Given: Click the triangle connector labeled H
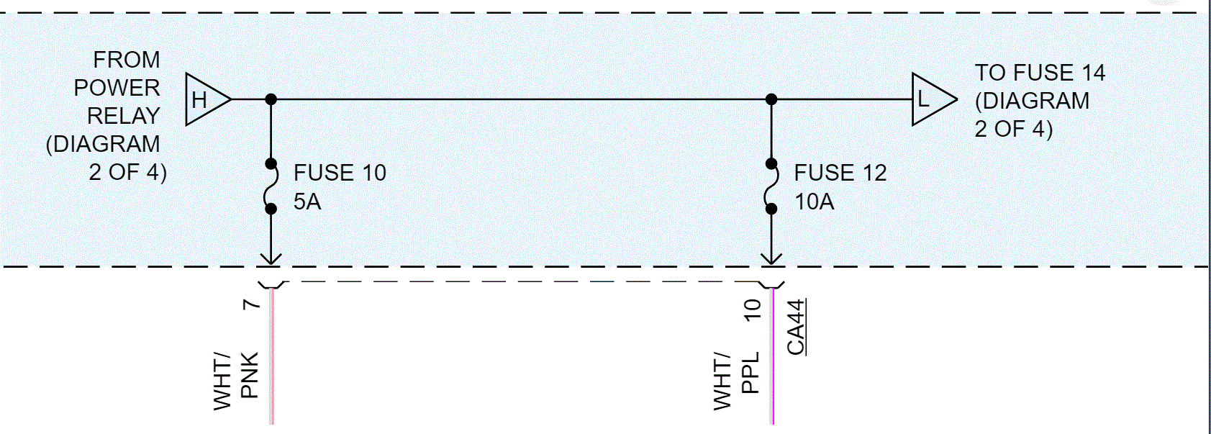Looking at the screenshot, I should point(204,99).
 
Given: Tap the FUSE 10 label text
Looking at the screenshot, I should point(340,173).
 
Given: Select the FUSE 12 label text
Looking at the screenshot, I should point(840,173).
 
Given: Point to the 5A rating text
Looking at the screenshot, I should point(307,202).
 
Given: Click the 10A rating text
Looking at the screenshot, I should point(815,202).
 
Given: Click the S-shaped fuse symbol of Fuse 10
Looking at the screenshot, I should point(271,186).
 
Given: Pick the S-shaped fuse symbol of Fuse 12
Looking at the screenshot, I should point(771,186).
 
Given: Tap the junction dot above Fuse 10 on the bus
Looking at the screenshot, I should point(271,99).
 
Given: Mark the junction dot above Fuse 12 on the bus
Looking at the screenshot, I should point(771,99).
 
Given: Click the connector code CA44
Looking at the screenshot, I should point(796,327).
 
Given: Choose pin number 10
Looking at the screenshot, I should point(752,309).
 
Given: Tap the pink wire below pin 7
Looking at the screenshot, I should point(272,360).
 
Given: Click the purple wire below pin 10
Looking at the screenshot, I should point(773,360).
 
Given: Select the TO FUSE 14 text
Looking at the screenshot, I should point(1040,73).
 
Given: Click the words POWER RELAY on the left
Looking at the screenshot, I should point(119,101).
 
